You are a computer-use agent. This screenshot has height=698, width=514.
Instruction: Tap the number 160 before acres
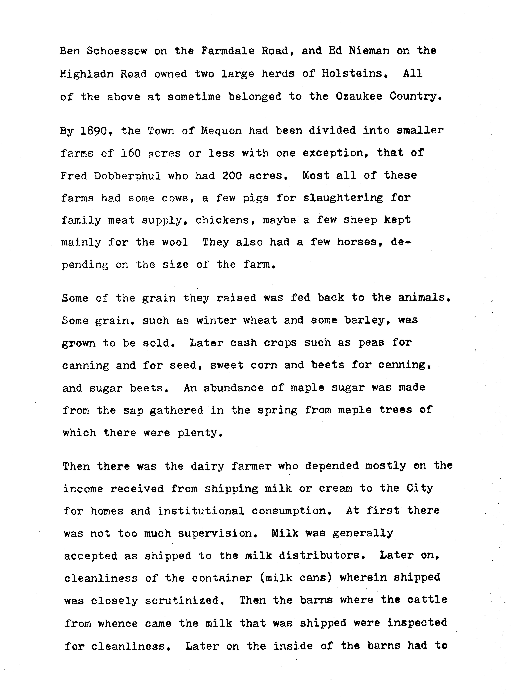(x=131, y=153)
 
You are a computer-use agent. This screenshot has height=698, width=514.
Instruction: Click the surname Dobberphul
(x=127, y=176)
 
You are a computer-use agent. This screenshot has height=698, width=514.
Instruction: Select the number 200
(x=232, y=176)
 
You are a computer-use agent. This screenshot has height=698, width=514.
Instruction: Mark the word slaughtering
(x=343, y=198)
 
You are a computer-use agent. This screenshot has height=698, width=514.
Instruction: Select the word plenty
(x=199, y=433)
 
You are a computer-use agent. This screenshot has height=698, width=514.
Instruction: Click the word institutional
(x=201, y=511)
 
